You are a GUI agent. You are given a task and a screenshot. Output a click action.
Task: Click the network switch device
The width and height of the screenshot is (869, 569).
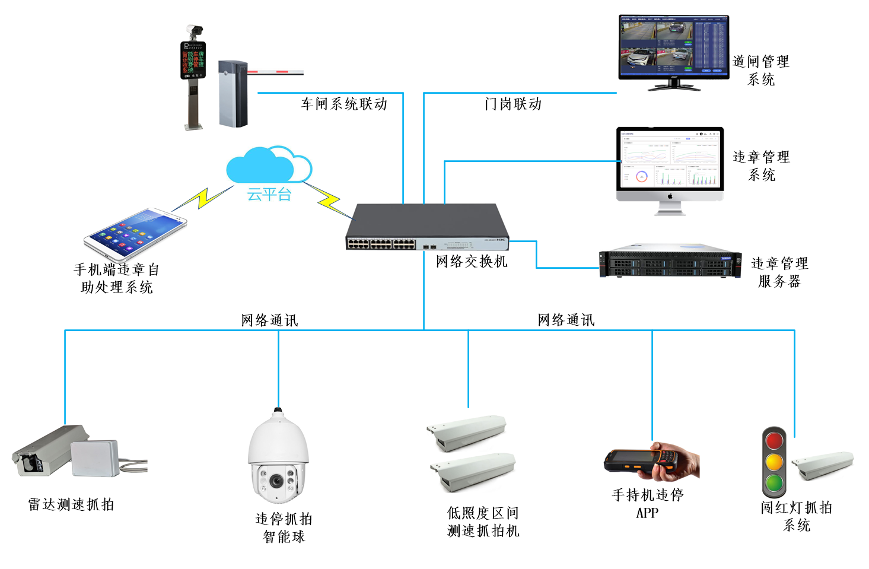pos(427,228)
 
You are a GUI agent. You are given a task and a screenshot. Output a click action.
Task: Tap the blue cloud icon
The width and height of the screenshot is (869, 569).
pos(267,166)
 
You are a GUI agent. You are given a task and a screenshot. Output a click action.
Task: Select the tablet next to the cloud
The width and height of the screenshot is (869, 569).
pos(135,235)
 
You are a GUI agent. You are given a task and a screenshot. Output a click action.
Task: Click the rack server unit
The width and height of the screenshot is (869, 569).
pos(670,261)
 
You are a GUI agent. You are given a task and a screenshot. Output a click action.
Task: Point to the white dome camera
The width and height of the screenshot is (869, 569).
pos(278,457)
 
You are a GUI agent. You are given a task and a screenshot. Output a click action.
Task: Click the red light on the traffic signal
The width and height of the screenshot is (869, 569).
pos(774,441)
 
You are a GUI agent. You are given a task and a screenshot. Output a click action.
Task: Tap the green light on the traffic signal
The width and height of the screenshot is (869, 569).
pos(773,482)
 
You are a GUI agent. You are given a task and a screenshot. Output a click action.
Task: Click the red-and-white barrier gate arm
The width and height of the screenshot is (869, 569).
pos(275,72)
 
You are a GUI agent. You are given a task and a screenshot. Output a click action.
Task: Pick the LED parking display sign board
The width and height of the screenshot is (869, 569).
pos(193,60)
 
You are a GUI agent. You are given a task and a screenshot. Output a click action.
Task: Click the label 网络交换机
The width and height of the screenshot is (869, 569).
pos(472,262)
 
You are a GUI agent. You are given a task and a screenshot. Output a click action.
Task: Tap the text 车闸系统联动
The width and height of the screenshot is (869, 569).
pos(344,104)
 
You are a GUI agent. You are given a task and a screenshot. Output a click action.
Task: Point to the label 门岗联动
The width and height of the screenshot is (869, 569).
pos(513,104)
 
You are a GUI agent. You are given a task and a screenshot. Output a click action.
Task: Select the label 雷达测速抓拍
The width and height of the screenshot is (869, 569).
pos(71,505)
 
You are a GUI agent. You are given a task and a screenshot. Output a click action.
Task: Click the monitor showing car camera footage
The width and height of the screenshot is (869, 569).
pos(673,47)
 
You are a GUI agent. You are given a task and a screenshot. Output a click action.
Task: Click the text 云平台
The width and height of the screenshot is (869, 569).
pos(269,195)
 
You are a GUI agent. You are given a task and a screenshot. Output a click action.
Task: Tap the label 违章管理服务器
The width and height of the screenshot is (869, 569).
pos(779,272)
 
